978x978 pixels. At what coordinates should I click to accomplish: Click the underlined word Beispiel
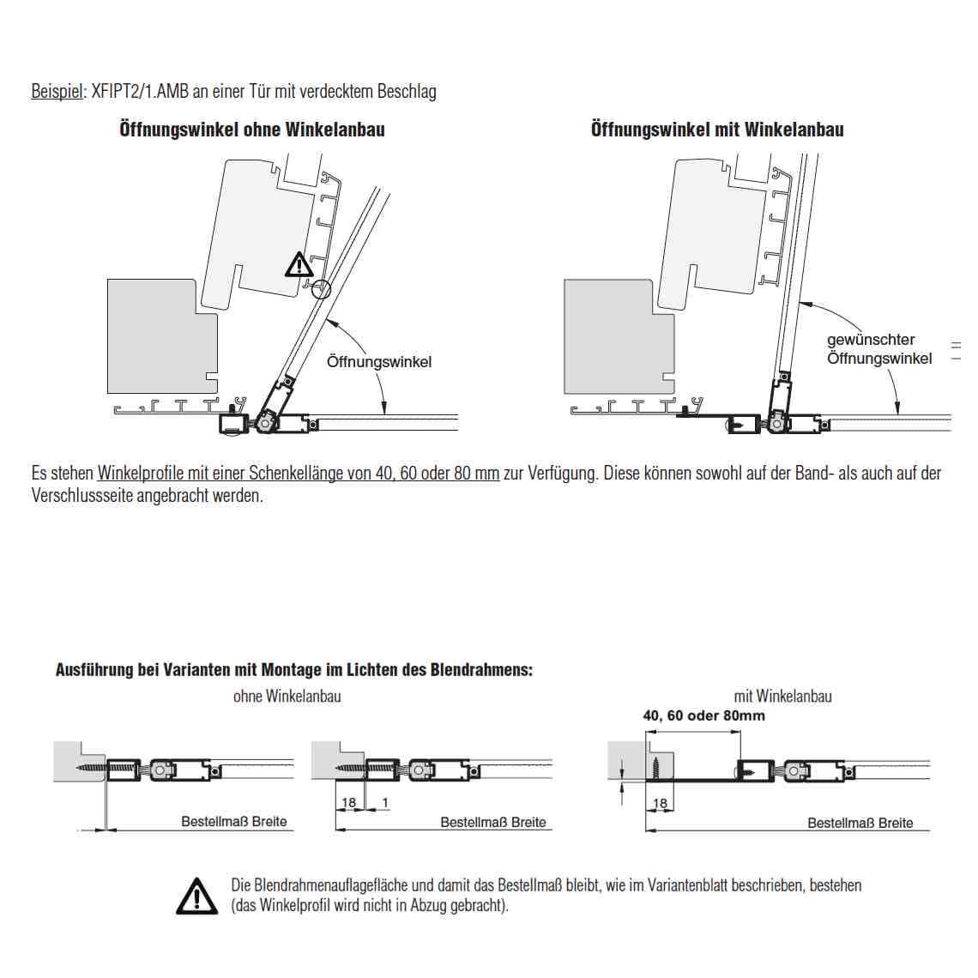tap(57, 92)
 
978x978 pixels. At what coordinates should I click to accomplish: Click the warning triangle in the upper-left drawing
tap(299, 265)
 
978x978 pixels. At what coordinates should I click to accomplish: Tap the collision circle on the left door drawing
tap(321, 289)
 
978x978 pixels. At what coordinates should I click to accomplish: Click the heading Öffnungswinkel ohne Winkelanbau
tap(252, 130)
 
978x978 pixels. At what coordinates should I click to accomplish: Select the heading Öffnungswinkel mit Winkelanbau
tap(717, 130)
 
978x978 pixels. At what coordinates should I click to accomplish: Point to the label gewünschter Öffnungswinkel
tap(879, 349)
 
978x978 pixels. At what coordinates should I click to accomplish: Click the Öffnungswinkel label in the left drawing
tap(379, 362)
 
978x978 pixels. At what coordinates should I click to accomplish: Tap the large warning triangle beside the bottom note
tap(197, 896)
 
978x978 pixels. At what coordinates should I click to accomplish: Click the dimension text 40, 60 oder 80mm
tap(703, 715)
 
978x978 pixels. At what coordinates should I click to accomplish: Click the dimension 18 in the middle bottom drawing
tap(348, 802)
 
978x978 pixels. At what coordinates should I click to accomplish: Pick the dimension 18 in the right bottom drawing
tap(660, 803)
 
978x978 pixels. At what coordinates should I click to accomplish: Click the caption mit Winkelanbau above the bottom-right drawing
tap(782, 696)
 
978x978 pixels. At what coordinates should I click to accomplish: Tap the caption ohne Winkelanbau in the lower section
tap(287, 696)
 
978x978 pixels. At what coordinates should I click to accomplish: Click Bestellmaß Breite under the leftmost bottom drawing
tap(234, 822)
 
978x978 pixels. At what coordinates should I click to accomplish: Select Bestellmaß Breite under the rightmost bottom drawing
tap(860, 823)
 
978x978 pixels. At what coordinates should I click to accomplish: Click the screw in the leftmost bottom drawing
tap(90, 768)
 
